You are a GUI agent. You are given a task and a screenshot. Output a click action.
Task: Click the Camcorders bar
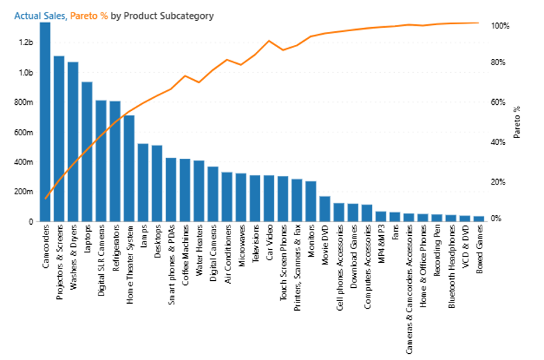(x=45, y=122)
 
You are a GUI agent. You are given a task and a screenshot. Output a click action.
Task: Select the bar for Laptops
(x=87, y=151)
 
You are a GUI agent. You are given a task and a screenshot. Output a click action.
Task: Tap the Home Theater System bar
(x=129, y=168)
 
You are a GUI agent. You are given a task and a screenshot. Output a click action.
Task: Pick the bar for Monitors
(x=311, y=201)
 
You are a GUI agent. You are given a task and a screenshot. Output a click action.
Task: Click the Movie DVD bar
(x=325, y=209)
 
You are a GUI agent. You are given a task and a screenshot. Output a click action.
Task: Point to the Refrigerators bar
(x=115, y=161)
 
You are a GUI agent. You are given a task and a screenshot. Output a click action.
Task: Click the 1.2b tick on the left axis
(x=26, y=42)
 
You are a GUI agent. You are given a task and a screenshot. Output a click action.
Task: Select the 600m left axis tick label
(x=24, y=132)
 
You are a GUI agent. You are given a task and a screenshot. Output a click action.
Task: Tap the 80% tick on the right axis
(x=498, y=62)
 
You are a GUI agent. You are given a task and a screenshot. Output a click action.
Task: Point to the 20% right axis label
(x=498, y=182)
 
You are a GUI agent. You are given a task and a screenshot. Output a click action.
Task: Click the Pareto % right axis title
(x=517, y=122)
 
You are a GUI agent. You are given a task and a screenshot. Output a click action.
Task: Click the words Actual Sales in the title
(x=40, y=16)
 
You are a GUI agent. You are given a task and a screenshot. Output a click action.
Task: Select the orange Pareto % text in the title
(x=89, y=16)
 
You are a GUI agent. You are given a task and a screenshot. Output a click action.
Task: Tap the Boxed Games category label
(x=479, y=249)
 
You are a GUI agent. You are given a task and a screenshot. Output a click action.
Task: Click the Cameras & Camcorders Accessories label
(x=409, y=289)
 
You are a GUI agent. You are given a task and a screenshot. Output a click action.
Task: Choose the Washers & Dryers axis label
(x=74, y=257)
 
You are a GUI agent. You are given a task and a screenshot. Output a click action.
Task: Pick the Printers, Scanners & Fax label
(x=297, y=268)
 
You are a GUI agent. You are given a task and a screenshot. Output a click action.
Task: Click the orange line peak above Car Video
(x=269, y=41)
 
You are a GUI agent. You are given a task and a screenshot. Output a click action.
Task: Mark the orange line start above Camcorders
(x=46, y=198)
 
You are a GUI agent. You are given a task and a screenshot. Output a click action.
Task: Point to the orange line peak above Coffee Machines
(x=185, y=76)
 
